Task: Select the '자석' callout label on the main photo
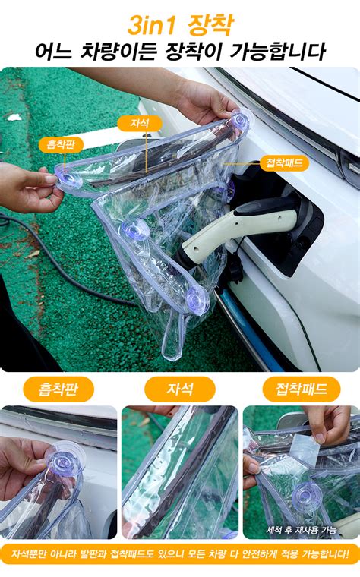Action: (x=139, y=123)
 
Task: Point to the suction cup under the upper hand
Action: (x=239, y=121)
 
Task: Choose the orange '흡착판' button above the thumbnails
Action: (x=58, y=389)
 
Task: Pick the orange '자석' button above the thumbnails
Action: (x=180, y=389)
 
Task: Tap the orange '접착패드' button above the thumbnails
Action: (x=301, y=389)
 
